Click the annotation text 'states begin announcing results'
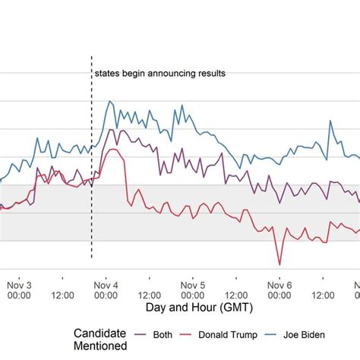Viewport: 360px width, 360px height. (x=159, y=74)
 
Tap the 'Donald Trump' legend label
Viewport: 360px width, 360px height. (x=228, y=334)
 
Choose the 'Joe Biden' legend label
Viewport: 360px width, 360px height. (x=310, y=334)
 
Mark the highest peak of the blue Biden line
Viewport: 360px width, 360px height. (x=109, y=101)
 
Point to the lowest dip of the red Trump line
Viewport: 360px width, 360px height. (x=279, y=264)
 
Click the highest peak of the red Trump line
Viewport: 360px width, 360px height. (x=112, y=150)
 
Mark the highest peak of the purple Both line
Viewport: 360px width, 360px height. (x=112, y=130)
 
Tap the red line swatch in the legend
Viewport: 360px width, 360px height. (x=188, y=334)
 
